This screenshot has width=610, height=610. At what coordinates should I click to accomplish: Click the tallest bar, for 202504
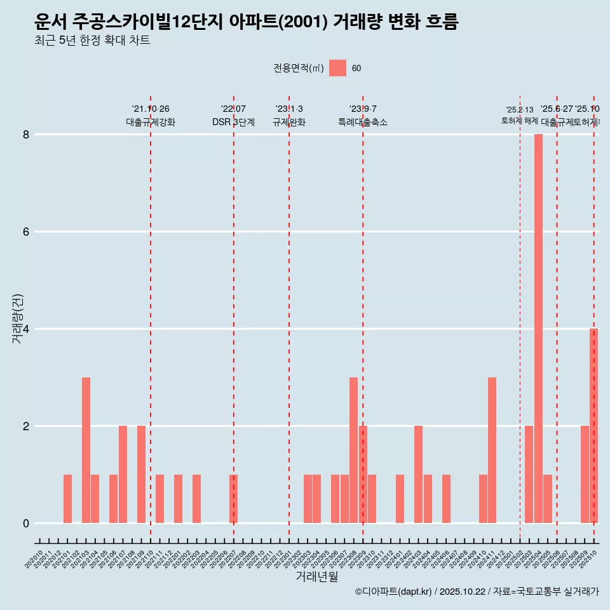click(x=538, y=329)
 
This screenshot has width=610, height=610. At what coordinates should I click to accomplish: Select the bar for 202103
click(x=86, y=450)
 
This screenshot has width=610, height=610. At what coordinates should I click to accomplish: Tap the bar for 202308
click(x=353, y=450)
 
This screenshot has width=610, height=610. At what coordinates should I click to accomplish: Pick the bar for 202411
click(x=492, y=450)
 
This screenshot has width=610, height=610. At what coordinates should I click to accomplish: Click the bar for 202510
click(x=593, y=426)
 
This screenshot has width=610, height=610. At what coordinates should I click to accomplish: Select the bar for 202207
click(x=233, y=499)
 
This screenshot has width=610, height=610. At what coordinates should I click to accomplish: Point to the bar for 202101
click(x=67, y=499)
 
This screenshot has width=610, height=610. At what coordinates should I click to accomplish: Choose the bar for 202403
click(x=418, y=474)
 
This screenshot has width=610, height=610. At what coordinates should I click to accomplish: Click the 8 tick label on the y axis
click(x=26, y=135)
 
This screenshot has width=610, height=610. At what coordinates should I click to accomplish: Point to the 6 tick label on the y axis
click(x=26, y=232)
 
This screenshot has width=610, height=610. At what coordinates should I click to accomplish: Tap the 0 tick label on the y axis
click(x=26, y=524)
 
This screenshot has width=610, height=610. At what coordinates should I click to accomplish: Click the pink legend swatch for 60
click(x=337, y=68)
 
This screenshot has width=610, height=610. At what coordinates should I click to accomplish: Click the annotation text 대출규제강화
click(x=151, y=122)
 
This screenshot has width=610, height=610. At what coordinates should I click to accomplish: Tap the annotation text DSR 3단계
click(x=233, y=122)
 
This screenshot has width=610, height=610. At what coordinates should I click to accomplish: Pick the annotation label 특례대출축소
click(x=363, y=122)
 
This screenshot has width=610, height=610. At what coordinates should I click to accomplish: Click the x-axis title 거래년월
click(x=316, y=577)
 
